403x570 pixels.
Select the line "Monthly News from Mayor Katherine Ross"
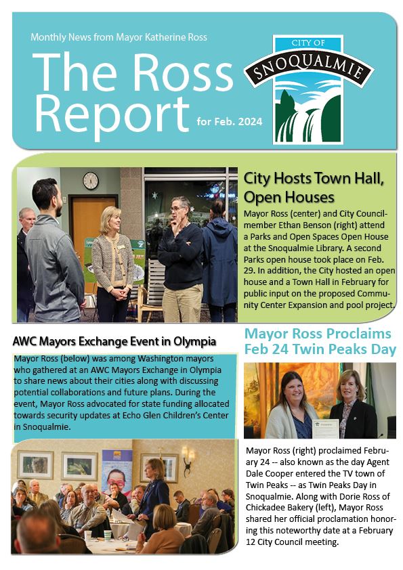(x=119, y=37)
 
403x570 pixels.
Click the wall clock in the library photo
(x=91, y=181)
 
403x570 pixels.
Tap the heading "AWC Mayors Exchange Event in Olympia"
(x=114, y=341)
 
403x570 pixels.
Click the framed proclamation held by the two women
(x=326, y=429)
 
